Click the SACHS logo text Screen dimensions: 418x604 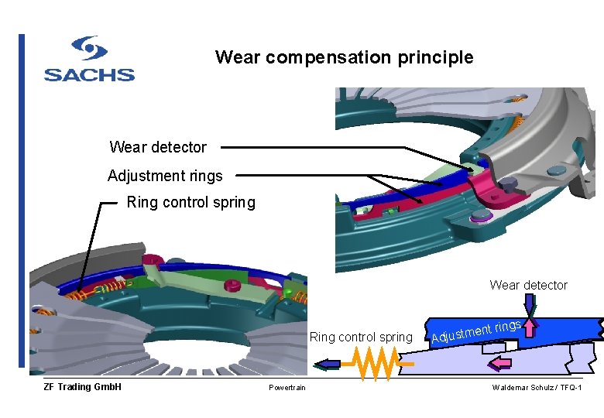[89, 74]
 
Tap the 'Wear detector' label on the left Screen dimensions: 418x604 [158, 147]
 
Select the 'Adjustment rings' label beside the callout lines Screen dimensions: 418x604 [165, 176]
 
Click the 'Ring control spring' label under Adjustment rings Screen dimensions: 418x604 [190, 203]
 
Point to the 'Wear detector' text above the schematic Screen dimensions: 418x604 [528, 285]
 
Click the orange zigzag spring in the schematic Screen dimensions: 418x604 [375, 362]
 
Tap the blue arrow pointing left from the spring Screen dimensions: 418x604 [326, 362]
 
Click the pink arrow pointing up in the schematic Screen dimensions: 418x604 [530, 327]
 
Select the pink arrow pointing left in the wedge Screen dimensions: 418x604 [502, 362]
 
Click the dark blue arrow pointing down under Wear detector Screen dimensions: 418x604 [529, 303]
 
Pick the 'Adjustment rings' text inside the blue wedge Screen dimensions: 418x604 [475, 332]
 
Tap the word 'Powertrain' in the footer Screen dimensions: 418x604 [287, 387]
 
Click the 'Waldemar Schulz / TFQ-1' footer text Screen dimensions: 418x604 [537, 387]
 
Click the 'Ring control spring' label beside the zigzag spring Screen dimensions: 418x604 [361, 337]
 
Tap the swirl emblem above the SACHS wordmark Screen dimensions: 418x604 [89, 49]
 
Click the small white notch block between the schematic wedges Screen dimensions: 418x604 [492, 348]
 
